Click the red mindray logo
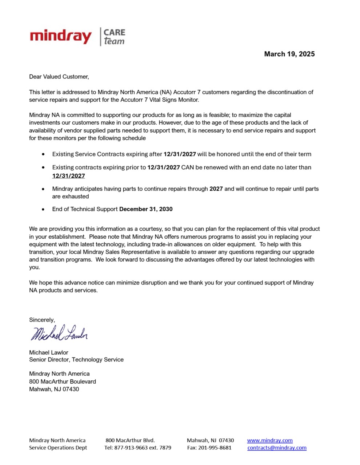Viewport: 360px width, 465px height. (61, 36)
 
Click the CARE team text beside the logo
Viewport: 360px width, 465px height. (114, 37)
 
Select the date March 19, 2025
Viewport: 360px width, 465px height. (289, 54)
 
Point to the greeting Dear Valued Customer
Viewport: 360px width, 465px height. (59, 77)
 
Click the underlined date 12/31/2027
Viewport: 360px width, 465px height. (68, 176)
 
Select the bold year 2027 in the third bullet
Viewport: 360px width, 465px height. (216, 189)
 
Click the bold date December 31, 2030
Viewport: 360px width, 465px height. (146, 209)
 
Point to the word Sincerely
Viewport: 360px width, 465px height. (42, 320)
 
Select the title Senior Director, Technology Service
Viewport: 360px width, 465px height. (76, 360)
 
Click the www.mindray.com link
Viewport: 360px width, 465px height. (270, 441)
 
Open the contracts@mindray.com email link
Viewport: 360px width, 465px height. (277, 448)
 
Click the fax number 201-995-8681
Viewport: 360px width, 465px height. (215, 448)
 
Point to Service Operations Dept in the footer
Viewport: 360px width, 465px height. (58, 448)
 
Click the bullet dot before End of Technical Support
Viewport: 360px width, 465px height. (44, 210)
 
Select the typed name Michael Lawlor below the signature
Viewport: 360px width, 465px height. (49, 352)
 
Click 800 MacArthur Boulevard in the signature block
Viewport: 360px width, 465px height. (63, 381)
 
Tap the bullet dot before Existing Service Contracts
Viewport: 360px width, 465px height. (44, 154)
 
